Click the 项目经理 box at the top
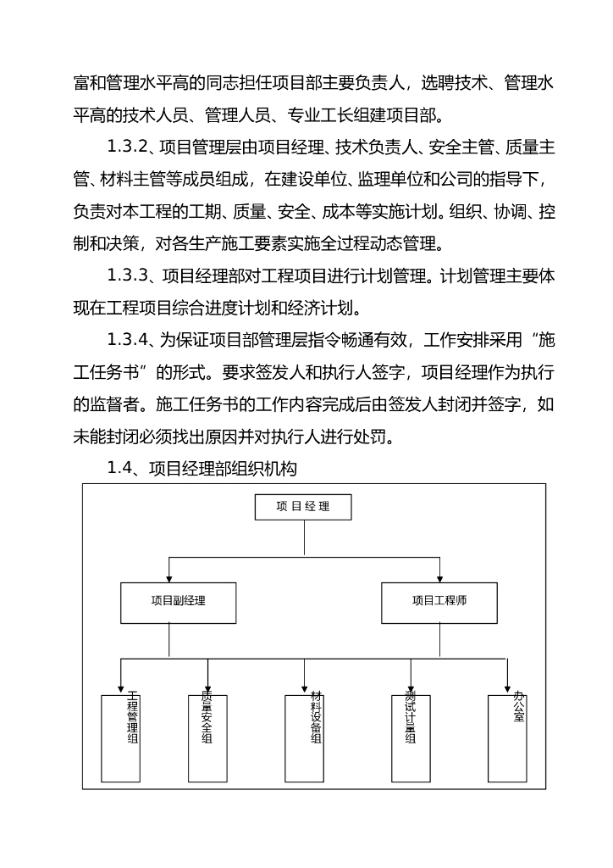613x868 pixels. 302,507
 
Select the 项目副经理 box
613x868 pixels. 178,602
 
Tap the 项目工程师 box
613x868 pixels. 439,602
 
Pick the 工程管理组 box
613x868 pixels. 120,738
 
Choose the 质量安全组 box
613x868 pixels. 207,738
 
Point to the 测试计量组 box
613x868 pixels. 411,738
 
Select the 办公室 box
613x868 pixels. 508,738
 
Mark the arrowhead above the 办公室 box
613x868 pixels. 508,688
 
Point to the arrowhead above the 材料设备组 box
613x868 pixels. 304,688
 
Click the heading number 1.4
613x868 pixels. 122,469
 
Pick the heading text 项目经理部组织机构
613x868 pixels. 222,469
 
